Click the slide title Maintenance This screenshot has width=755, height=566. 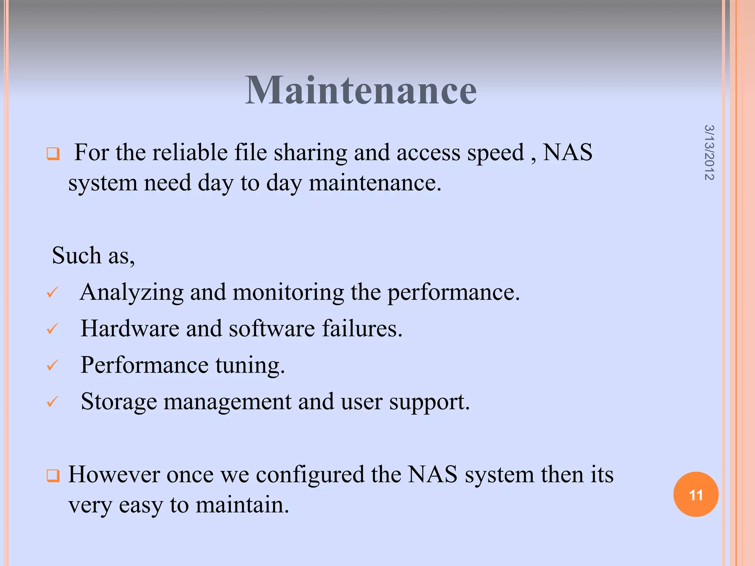[x=361, y=90]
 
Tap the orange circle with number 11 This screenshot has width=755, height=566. [x=696, y=495]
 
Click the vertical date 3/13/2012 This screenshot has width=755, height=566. [x=709, y=153]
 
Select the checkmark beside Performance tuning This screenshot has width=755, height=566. [x=53, y=365]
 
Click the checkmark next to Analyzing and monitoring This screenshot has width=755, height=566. [x=53, y=292]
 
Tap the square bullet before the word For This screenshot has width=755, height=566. [x=53, y=154]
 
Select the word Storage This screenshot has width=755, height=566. [x=119, y=402]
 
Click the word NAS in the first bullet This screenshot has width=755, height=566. [x=567, y=153]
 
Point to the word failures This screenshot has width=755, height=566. [x=362, y=328]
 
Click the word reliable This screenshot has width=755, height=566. [x=190, y=153]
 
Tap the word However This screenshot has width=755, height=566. [x=114, y=475]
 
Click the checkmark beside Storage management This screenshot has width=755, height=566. [x=53, y=401]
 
